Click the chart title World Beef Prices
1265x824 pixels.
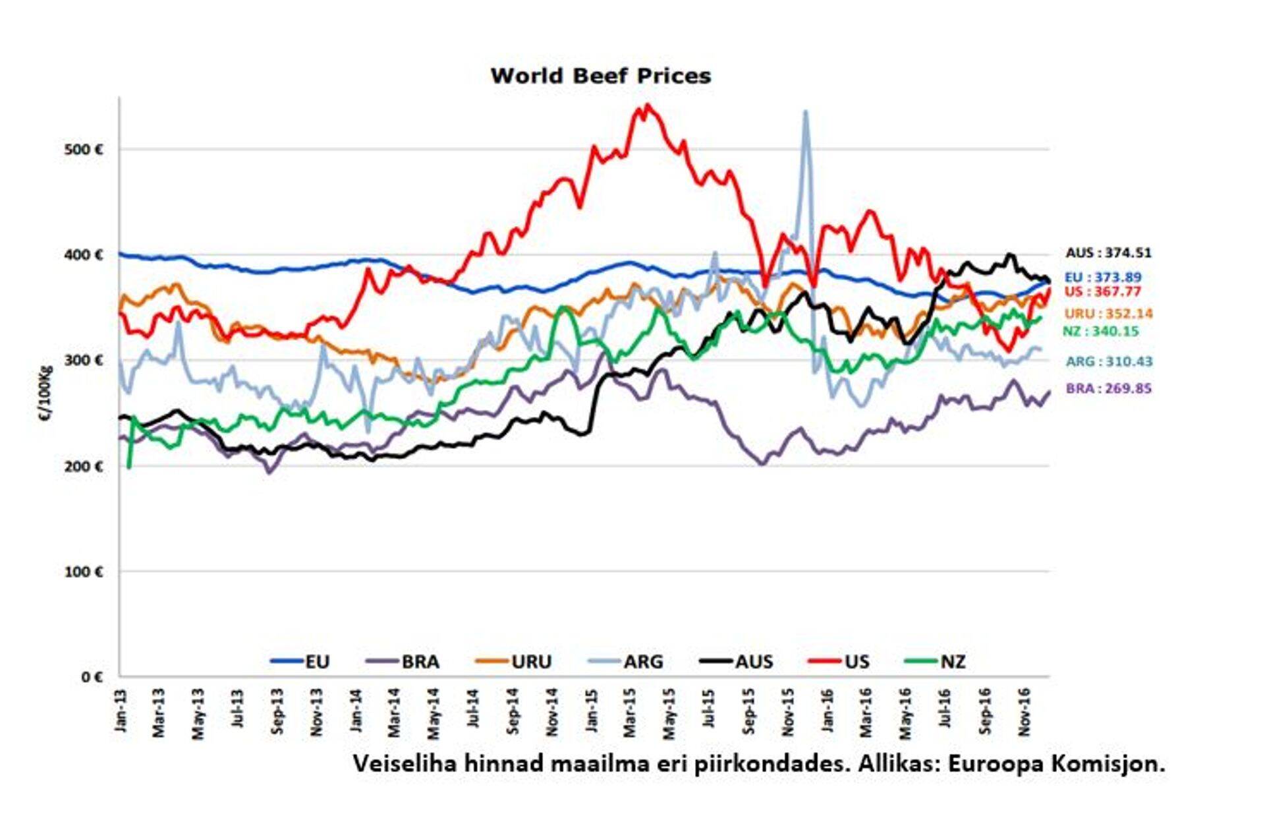point(600,76)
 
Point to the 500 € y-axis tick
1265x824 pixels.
point(84,150)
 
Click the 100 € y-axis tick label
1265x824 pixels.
point(84,572)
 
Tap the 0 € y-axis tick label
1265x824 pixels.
point(92,677)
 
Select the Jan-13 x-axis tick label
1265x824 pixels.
point(121,710)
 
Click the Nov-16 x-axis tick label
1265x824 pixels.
point(1024,711)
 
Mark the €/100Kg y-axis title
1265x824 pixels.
point(45,394)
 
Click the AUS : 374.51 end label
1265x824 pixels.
point(1108,253)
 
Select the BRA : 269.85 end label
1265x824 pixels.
point(1108,388)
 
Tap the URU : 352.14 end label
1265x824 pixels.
point(1108,314)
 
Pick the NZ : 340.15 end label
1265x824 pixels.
point(1100,332)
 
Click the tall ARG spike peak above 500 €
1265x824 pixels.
point(805,112)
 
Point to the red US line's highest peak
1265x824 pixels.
point(648,105)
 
